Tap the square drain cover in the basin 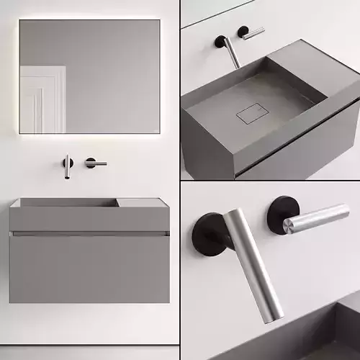point(251,113)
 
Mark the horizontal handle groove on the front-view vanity point(89,233)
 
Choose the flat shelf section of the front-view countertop point(143,203)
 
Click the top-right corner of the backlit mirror point(159,21)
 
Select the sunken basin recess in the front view point(65,204)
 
